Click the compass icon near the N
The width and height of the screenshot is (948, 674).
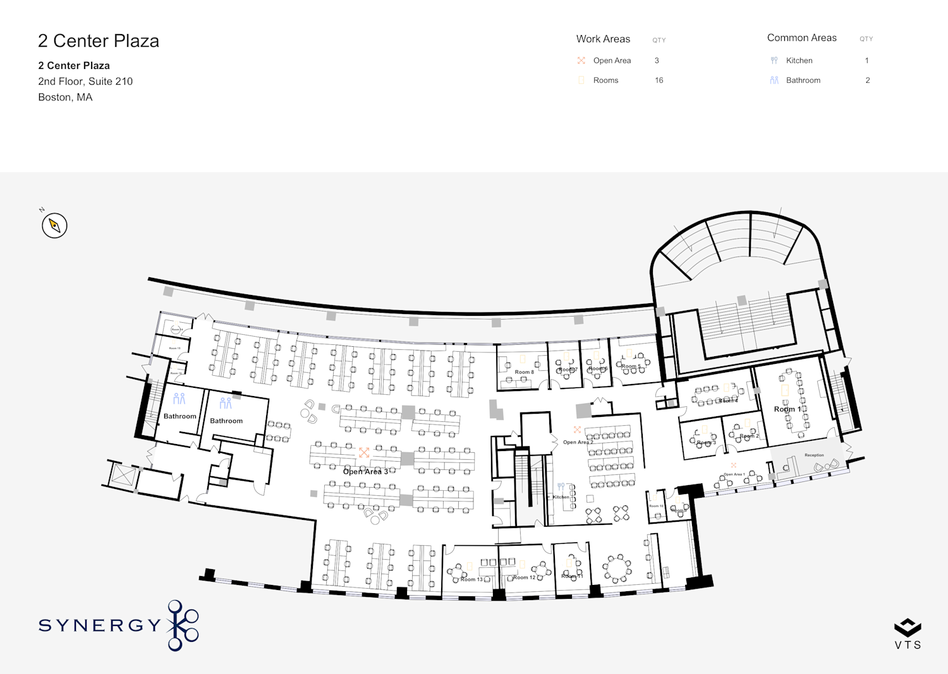pos(54,226)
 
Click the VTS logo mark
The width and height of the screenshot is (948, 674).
pos(908,628)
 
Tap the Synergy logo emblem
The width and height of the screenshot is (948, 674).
pos(183,625)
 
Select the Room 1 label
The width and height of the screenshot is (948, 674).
pos(787,409)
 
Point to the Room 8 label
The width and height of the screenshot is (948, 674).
pos(524,372)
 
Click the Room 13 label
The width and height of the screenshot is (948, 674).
pos(471,579)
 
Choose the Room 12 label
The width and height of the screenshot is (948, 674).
pos(524,577)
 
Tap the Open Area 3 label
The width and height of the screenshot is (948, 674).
pos(365,471)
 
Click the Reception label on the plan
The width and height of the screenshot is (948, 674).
pos(814,455)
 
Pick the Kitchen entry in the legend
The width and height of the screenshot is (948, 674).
pos(799,61)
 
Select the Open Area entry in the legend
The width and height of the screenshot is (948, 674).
pos(612,61)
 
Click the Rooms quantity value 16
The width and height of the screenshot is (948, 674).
pos(659,80)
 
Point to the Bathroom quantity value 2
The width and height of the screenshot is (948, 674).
pos(867,80)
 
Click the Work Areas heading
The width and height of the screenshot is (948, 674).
pos(603,39)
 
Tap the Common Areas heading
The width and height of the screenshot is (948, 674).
pos(801,38)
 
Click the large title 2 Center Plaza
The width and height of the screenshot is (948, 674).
pos(99,41)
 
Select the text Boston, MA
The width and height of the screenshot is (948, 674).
pos(65,97)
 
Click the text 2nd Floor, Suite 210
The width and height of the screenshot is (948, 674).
pos(85,81)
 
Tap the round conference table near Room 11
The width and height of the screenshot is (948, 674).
pos(616,568)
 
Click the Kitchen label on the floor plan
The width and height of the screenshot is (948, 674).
pos(561,497)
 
